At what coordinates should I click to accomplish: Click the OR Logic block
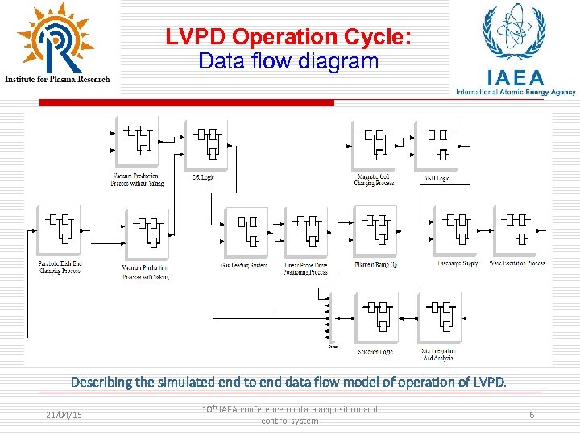(x=207, y=144)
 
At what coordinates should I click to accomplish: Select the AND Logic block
(x=436, y=144)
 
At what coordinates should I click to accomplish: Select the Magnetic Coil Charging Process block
(x=374, y=144)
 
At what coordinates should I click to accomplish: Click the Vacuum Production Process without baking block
(x=136, y=142)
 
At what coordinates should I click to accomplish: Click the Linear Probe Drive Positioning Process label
(x=305, y=268)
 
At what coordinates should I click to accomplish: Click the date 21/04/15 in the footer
(x=65, y=415)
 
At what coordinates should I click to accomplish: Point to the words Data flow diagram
(x=288, y=61)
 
